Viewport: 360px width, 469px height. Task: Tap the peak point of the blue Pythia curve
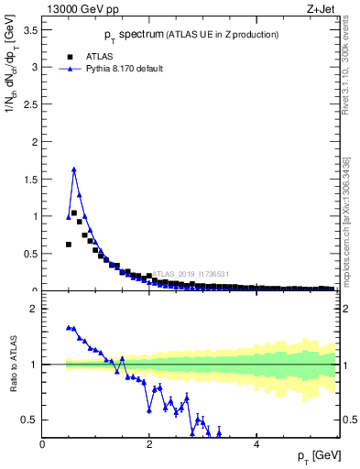click(74, 169)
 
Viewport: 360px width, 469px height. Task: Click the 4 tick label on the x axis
click(256, 443)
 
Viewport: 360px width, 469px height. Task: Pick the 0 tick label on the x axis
click(43, 443)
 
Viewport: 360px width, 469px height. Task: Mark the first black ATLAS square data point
click(69, 245)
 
